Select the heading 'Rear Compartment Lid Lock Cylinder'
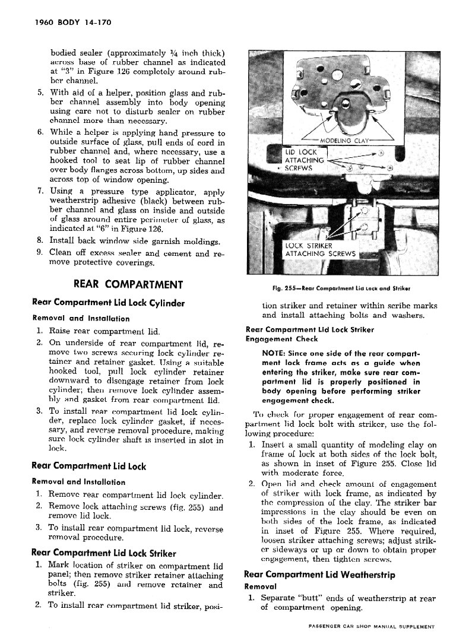coord(108,303)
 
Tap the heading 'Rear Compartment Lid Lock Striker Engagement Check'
coord(312,334)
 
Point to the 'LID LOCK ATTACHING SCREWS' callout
coord(305,160)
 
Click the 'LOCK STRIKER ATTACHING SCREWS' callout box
coord(321,250)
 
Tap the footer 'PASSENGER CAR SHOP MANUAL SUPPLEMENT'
coord(372,626)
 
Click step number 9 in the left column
coord(39,252)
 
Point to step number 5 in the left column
coord(39,93)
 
